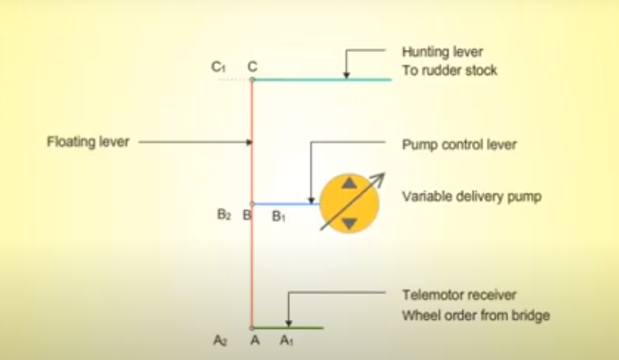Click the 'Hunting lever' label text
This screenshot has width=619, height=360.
click(x=442, y=52)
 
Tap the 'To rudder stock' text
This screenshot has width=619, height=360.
click(x=449, y=70)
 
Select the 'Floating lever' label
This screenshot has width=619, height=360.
click(x=88, y=142)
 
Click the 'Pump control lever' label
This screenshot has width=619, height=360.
click(x=459, y=145)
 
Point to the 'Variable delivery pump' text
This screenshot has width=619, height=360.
click(x=471, y=197)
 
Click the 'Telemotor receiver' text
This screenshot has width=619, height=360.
click(x=460, y=295)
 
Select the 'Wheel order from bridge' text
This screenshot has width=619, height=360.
click(x=476, y=316)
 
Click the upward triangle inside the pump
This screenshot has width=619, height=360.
click(x=349, y=184)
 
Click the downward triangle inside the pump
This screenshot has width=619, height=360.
click(x=349, y=223)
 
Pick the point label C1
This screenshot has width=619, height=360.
click(x=219, y=67)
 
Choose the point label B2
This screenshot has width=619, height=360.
click(x=224, y=215)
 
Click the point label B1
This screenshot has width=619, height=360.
click(x=279, y=216)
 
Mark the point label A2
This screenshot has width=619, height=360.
click(x=221, y=341)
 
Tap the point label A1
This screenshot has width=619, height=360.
click(x=286, y=341)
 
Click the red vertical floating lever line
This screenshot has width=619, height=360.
click(x=252, y=264)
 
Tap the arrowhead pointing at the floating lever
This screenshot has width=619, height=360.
click(x=248, y=143)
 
